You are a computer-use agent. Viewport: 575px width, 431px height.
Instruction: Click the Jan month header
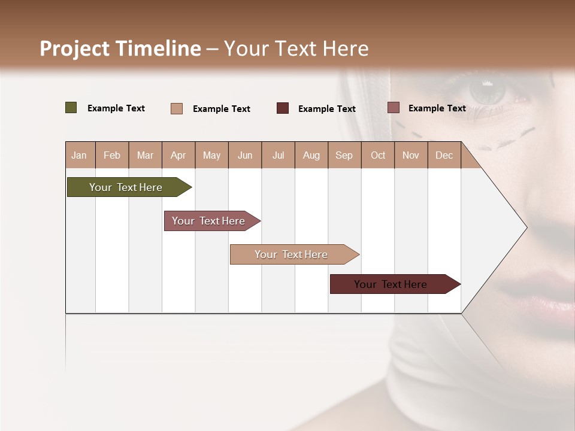point(79,155)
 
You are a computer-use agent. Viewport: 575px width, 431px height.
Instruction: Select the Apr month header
point(178,155)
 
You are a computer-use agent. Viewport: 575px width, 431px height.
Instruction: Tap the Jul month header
point(278,155)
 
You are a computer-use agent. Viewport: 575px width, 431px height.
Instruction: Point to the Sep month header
point(344,155)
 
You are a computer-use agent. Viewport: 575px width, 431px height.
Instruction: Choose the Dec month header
point(444,155)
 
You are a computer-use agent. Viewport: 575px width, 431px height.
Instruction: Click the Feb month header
point(112,155)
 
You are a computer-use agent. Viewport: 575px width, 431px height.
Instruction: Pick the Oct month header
point(378,155)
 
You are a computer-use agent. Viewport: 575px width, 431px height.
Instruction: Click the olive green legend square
point(71,108)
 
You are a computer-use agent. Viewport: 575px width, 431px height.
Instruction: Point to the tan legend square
point(177,108)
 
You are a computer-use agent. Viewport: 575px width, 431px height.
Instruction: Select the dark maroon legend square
point(283,108)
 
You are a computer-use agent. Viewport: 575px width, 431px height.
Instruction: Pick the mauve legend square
point(394,108)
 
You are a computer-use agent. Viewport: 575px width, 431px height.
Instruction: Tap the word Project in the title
point(75,48)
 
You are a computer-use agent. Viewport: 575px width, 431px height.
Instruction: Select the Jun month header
point(245,155)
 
